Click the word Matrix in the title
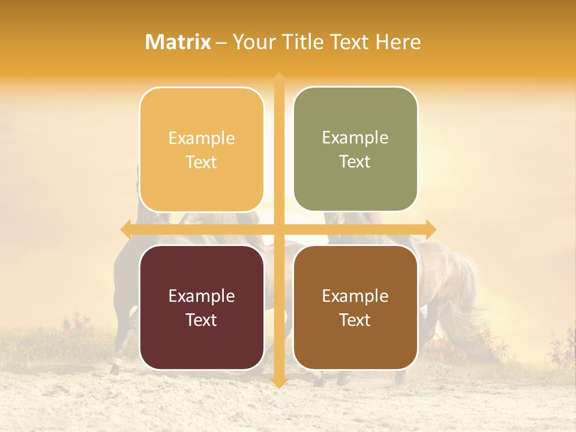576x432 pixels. tap(178, 42)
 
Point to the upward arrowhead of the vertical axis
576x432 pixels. tap(278, 77)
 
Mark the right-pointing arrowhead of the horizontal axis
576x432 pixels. tap(431, 229)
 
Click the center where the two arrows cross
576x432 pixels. tap(278, 229)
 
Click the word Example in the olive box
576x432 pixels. tap(355, 138)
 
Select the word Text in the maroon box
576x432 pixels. tap(202, 320)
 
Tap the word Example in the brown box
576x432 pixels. tap(355, 296)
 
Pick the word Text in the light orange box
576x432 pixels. tap(202, 162)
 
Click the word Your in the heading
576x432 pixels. tap(252, 42)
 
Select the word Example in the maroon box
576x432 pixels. tap(202, 296)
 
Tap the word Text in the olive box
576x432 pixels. tap(355, 162)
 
